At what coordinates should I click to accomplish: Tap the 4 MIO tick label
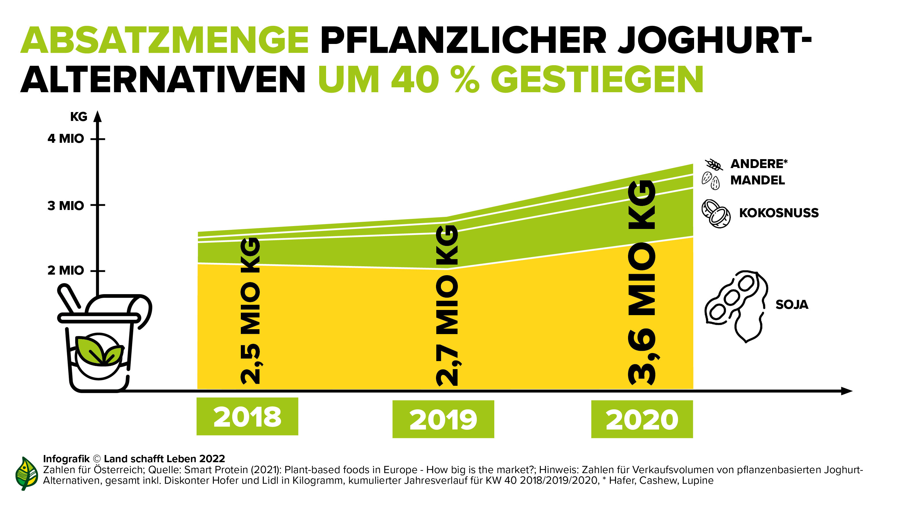pyautogui.click(x=66, y=139)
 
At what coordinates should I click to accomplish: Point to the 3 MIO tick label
pyautogui.click(x=66, y=206)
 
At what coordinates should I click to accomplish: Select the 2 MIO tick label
pyautogui.click(x=66, y=270)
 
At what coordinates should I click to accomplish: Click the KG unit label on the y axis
pyautogui.click(x=79, y=117)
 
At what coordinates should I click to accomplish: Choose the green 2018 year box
pyautogui.click(x=247, y=417)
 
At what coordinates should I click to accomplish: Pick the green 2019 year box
pyautogui.click(x=443, y=419)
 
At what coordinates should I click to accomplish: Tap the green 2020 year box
pyautogui.click(x=642, y=419)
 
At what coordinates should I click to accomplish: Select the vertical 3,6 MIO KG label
pyautogui.click(x=642, y=282)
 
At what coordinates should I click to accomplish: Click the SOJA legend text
pyautogui.click(x=791, y=304)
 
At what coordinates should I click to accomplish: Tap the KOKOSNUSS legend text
pyautogui.click(x=779, y=213)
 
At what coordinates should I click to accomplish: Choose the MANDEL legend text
pyautogui.click(x=757, y=180)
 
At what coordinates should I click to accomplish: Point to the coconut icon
pyautogui.click(x=716, y=214)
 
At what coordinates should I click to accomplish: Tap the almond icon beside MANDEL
pyautogui.click(x=710, y=180)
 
